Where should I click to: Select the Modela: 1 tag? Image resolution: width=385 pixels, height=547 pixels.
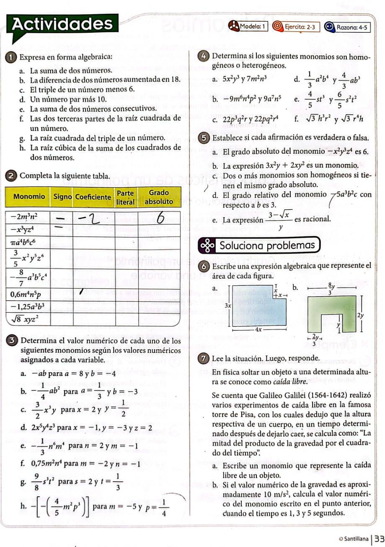(x=249, y=27)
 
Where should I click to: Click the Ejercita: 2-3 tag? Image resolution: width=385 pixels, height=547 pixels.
(x=296, y=27)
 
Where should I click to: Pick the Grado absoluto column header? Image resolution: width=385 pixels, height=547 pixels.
(x=159, y=197)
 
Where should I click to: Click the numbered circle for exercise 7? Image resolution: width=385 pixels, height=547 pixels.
(x=204, y=358)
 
